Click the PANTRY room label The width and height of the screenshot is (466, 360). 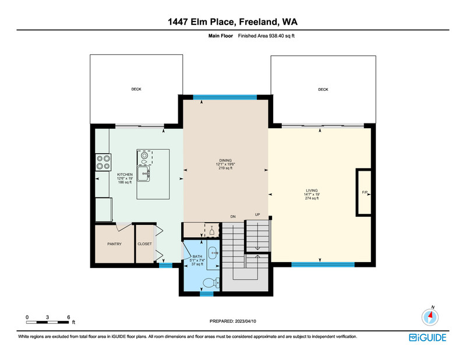tap(114, 243)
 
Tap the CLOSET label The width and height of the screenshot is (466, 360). tap(144, 243)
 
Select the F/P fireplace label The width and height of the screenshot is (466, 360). tap(365, 192)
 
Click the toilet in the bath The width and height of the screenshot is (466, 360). tap(211, 283)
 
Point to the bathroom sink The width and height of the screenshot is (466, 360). tap(213, 253)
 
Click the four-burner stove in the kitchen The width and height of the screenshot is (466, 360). tap(103, 163)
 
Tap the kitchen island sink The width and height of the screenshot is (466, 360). tap(143, 174)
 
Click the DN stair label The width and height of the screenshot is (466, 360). tap(233, 217)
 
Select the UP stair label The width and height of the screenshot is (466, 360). tap(257, 214)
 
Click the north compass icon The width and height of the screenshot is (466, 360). tap(430, 317)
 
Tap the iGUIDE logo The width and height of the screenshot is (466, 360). tap(428, 337)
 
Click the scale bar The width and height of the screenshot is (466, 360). tap(48, 322)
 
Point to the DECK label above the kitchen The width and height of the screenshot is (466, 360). tap(136, 89)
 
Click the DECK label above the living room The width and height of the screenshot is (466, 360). tap(323, 90)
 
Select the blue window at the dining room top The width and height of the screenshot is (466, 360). tap(225, 97)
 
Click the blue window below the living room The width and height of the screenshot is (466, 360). tap(323, 264)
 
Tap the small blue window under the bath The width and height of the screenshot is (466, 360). tap(207, 294)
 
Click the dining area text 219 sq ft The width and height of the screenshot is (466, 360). tap(225, 168)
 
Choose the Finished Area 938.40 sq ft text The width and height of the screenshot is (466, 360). tap(266, 36)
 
